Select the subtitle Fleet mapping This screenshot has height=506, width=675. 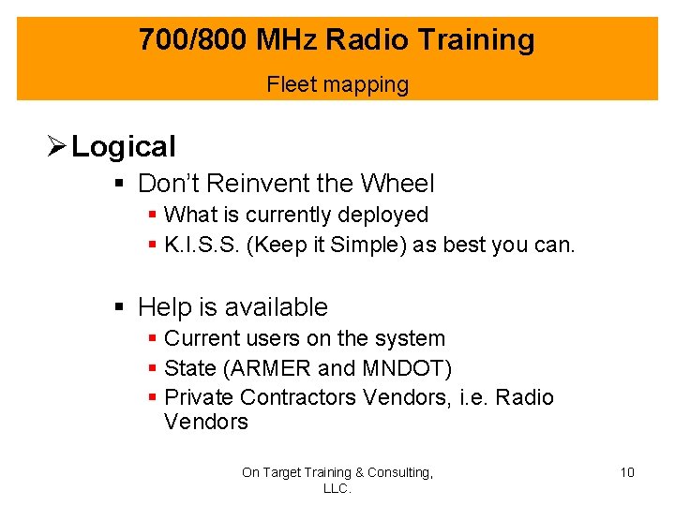(337, 84)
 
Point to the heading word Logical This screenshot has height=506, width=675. (124, 147)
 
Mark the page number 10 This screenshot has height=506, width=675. (627, 472)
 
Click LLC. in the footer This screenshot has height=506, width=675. (337, 488)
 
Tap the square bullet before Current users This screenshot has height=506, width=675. (152, 339)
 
